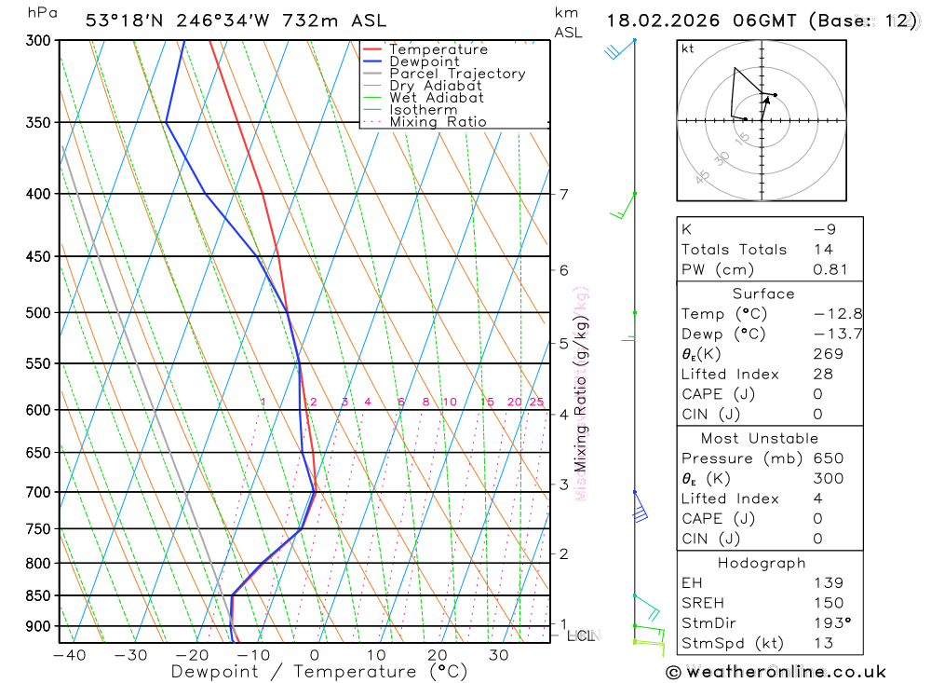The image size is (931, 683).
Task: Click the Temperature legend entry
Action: point(438,49)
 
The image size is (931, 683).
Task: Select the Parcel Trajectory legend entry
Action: point(457,74)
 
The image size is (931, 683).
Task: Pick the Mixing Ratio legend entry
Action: point(438,122)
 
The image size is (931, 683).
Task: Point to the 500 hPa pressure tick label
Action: point(37,313)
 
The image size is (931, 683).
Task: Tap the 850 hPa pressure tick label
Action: point(37,595)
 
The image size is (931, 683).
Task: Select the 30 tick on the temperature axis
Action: point(498,655)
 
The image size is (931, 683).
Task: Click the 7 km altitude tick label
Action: point(563,195)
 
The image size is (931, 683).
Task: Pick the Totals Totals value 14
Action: point(822,250)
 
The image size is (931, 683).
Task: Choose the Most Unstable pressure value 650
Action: point(828,458)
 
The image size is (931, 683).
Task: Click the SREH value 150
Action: point(828,603)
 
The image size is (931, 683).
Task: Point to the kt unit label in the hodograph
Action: point(687,48)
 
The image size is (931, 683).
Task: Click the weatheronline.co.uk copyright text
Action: point(776,672)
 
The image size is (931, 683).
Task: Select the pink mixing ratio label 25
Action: point(536,403)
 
